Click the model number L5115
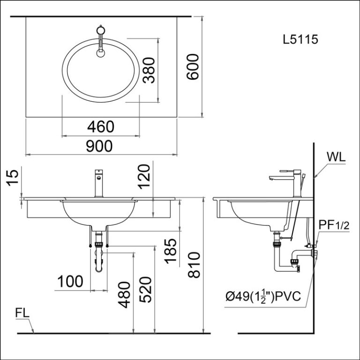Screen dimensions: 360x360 pos(300,39)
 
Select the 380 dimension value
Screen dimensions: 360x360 pos(149,70)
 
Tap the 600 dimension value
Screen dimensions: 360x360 pos(192,67)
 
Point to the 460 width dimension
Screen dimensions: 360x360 pos(101,127)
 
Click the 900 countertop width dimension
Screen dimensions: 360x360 pos(99,146)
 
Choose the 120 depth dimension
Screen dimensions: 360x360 pos(144,176)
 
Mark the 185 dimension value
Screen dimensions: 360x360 pos(170,251)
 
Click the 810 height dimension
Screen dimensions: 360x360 pos(194,265)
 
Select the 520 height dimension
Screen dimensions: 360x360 pos(145,290)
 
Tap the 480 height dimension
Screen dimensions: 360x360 pos(124,295)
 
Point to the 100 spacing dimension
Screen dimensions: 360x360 pos(70,281)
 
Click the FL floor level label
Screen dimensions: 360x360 pos(22,313)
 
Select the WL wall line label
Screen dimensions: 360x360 pos(336,157)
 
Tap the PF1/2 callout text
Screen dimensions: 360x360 pos(334,225)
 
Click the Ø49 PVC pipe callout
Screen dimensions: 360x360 pos(263,297)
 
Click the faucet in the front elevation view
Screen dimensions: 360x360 pos(99,183)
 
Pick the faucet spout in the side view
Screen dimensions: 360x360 pos(278,178)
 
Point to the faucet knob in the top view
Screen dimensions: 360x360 pos(101,30)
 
